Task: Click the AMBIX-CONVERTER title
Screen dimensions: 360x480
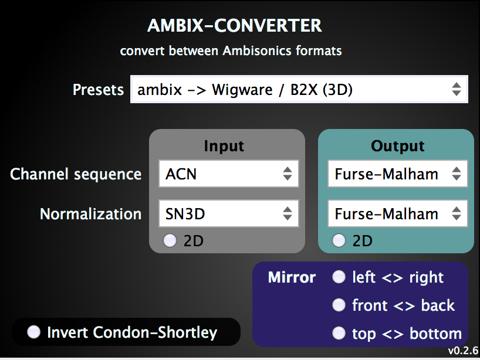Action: [234, 26]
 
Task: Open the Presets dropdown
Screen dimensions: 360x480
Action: [299, 90]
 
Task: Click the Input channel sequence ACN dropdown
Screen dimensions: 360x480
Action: [228, 174]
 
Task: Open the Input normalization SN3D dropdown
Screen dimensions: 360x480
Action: [228, 214]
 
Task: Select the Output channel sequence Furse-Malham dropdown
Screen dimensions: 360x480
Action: [397, 174]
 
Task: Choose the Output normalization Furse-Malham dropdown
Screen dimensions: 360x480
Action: [397, 214]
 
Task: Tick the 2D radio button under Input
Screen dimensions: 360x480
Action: [170, 241]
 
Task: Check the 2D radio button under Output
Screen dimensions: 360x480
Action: [339, 241]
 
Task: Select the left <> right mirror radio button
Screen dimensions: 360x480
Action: [339, 277]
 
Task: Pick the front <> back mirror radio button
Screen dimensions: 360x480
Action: [339, 305]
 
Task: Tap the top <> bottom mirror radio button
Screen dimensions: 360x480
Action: [339, 334]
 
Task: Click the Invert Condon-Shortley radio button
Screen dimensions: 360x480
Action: [34, 332]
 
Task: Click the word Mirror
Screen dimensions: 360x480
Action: [292, 277]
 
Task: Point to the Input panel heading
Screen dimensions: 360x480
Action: [224, 146]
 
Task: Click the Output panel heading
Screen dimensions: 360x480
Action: [398, 146]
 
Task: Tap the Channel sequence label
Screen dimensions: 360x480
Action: [76, 174]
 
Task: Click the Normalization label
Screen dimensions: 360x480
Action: [90, 214]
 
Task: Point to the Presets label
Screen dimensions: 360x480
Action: [98, 90]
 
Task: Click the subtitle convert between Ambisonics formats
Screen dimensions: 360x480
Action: [231, 50]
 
